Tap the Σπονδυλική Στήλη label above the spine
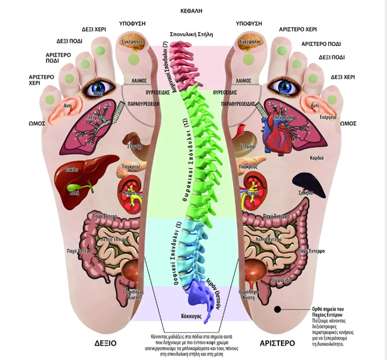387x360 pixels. (x=193, y=34)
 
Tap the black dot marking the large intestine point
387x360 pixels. (x=277, y=309)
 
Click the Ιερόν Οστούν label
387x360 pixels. (x=216, y=287)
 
